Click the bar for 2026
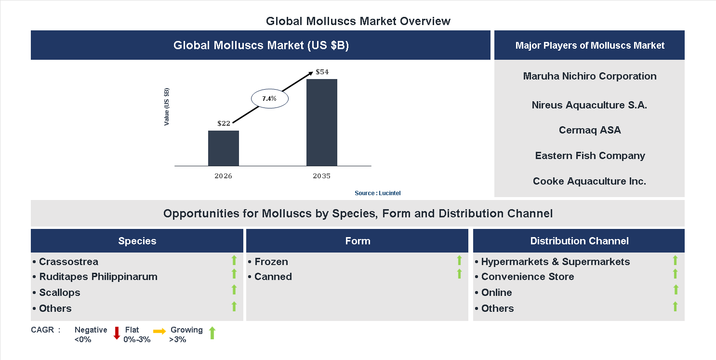click(223, 148)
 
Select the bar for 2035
click(321, 122)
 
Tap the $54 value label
click(322, 72)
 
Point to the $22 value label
click(224, 123)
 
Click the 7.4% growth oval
click(269, 99)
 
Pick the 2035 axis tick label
click(321, 176)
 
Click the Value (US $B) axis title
click(167, 107)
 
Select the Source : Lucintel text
click(377, 193)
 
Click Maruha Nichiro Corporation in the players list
click(589, 76)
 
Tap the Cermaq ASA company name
click(589, 130)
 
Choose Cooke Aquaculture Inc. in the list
click(589, 181)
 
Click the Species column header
click(137, 241)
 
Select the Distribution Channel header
click(579, 241)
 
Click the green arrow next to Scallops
click(234, 290)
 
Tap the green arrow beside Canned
click(459, 274)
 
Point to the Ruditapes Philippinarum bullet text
click(98, 277)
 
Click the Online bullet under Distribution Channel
click(496, 293)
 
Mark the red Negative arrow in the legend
click(117, 333)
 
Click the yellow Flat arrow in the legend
click(159, 331)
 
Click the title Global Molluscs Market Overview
click(358, 21)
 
